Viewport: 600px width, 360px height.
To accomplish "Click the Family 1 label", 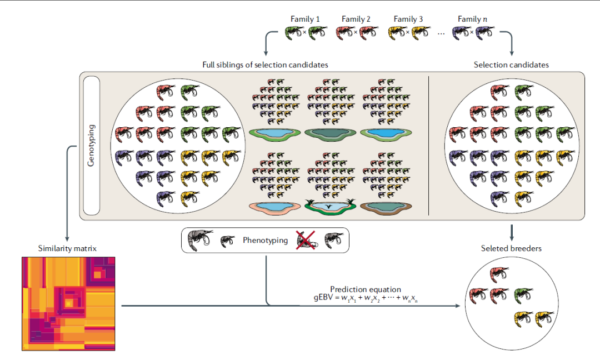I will pos(305,19).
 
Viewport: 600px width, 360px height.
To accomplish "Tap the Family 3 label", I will pos(408,19).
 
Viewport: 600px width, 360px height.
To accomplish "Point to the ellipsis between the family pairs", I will pos(441,33).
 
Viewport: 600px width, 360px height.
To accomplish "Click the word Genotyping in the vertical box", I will pos(92,146).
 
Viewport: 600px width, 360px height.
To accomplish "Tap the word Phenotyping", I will pos(265,241).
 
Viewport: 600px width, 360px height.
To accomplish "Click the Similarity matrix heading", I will pos(67,248).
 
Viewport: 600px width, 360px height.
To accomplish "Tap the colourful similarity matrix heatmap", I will pos(68,303).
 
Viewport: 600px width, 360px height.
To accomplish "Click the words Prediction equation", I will pos(365,289).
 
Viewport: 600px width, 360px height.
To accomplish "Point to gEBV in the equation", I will pos(323,299).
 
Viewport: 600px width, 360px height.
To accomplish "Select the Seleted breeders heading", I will pos(511,248).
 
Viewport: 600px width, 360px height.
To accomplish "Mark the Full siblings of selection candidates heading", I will pos(265,65).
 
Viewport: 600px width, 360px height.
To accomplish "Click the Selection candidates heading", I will pos(511,65).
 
